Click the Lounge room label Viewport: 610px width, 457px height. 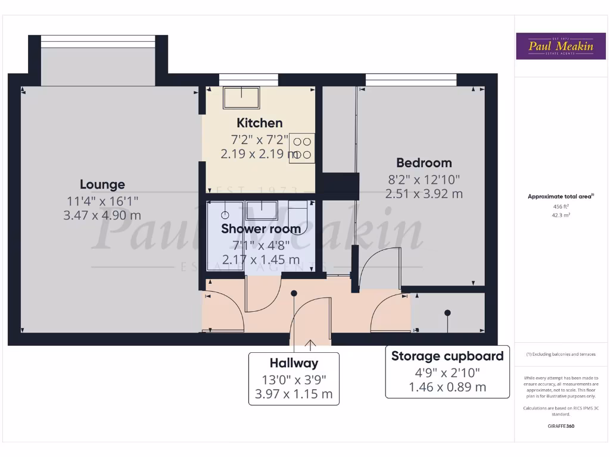[102, 184]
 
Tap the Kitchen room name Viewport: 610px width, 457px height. [260, 123]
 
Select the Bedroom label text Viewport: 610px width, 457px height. [424, 162]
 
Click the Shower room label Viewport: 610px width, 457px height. [261, 228]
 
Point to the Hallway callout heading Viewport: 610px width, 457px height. [294, 363]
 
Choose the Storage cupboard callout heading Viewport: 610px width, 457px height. [447, 356]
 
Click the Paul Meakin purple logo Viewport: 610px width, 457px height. [556, 46]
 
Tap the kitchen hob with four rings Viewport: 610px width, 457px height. [302, 148]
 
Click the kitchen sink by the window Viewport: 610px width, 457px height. [241, 98]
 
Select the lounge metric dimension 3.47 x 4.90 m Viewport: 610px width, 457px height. [102, 215]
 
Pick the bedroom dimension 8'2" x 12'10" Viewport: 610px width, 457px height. [424, 179]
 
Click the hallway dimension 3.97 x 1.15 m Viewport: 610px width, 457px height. [294, 394]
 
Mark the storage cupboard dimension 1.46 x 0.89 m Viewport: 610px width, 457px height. [447, 387]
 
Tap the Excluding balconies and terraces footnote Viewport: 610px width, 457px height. [561, 354]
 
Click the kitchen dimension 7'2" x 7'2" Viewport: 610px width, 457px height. [260, 139]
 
